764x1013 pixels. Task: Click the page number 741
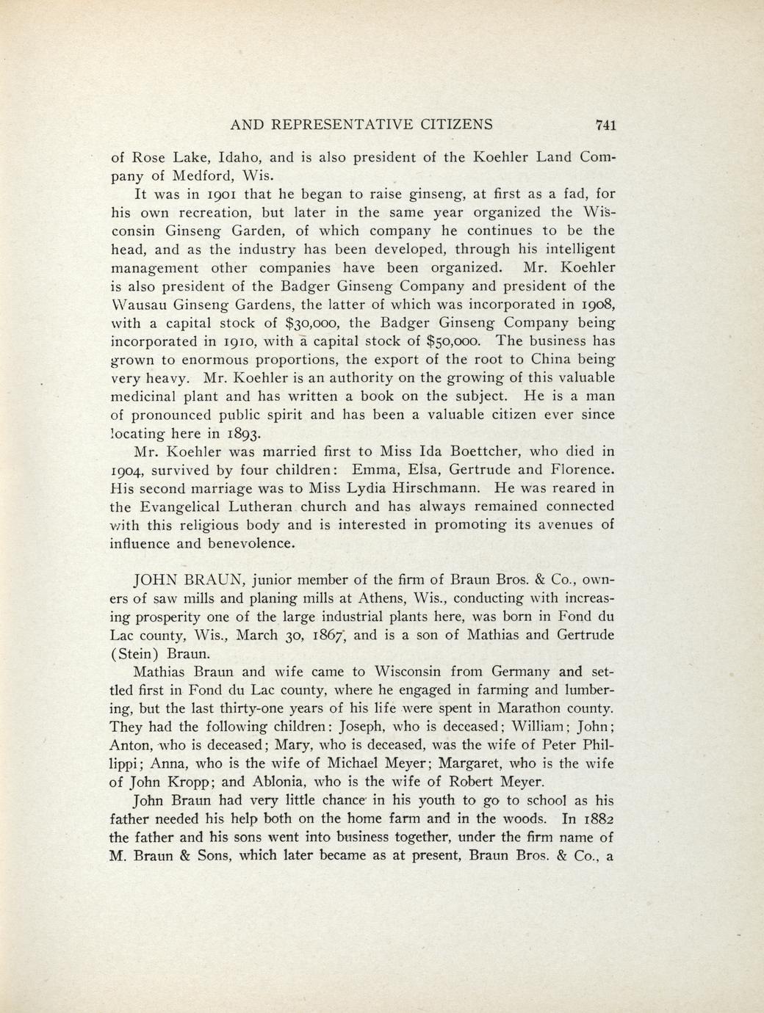pyautogui.click(x=605, y=125)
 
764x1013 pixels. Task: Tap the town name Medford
pyautogui.click(x=196, y=176)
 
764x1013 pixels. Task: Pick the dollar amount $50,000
pyautogui.click(x=455, y=341)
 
